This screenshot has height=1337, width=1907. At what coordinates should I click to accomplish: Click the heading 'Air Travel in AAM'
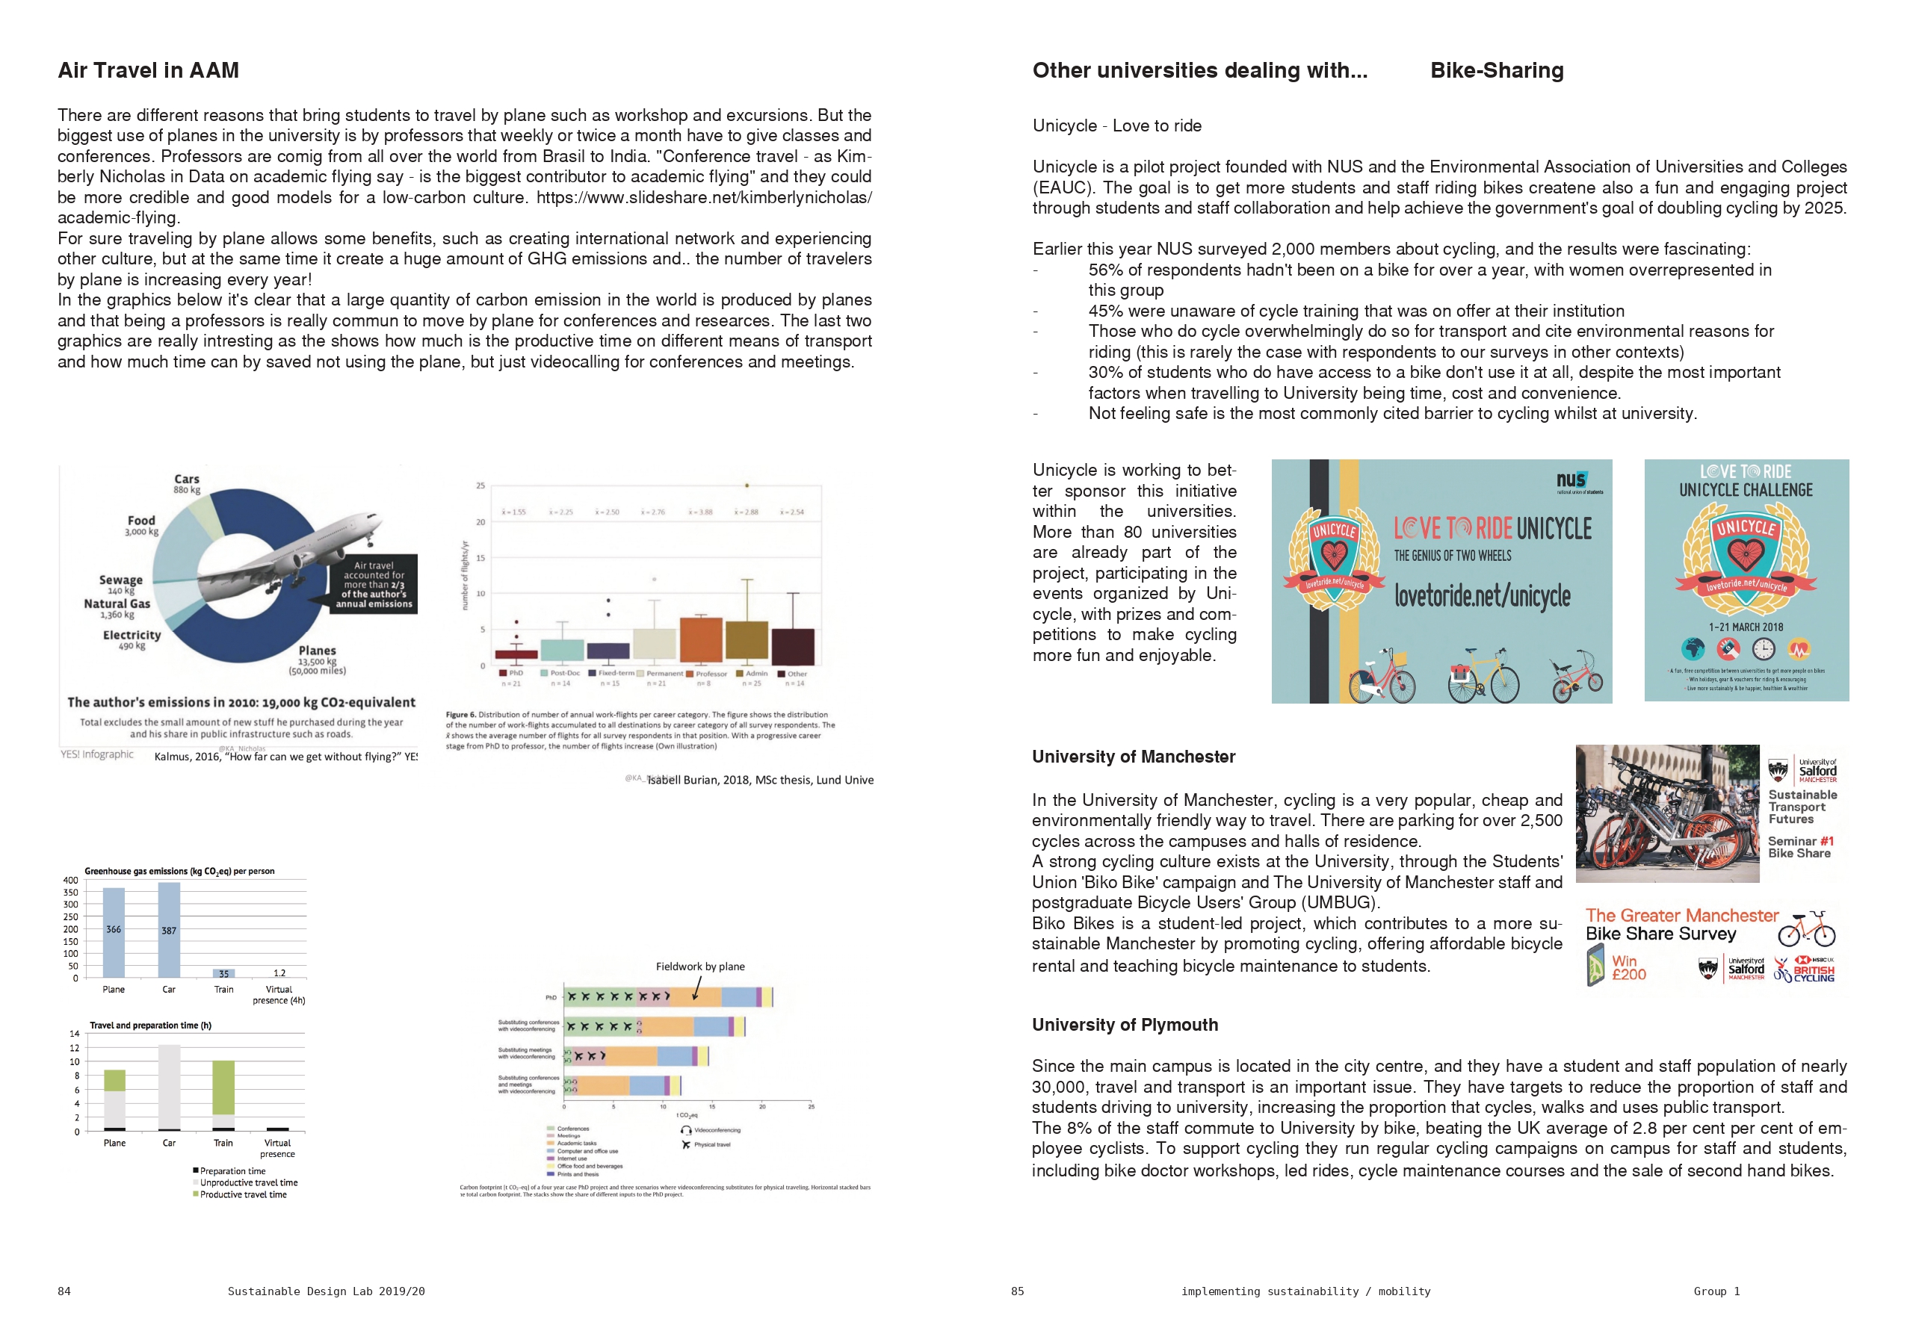148,71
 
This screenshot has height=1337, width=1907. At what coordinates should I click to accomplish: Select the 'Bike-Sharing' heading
1496,71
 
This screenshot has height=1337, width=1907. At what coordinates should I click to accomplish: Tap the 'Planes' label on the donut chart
318,651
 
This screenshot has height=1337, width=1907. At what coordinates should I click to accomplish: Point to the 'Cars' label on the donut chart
187,480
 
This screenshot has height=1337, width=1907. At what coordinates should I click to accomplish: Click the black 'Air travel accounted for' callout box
374,584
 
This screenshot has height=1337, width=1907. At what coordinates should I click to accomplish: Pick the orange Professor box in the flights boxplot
700,639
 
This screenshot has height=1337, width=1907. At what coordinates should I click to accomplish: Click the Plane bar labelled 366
114,931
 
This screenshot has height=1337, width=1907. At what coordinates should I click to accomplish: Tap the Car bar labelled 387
169,930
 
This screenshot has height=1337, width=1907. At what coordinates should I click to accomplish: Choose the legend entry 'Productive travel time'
243,1194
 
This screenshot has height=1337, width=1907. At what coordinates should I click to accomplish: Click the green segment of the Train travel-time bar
223,1087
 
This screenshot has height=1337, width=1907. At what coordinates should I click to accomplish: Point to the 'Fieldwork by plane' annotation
700,967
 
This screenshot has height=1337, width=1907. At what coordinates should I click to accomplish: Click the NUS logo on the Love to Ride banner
1571,480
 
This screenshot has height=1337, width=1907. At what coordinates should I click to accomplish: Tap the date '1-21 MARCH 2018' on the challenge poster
1746,627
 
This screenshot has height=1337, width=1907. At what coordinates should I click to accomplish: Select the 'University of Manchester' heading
1133,757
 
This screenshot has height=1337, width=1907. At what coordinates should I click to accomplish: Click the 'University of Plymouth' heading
1125,1025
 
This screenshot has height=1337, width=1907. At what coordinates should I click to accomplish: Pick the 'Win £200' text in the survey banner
1628,967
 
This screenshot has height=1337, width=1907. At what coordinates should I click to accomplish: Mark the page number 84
64,1291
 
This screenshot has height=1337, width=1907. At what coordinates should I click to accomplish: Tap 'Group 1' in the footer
1716,1291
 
